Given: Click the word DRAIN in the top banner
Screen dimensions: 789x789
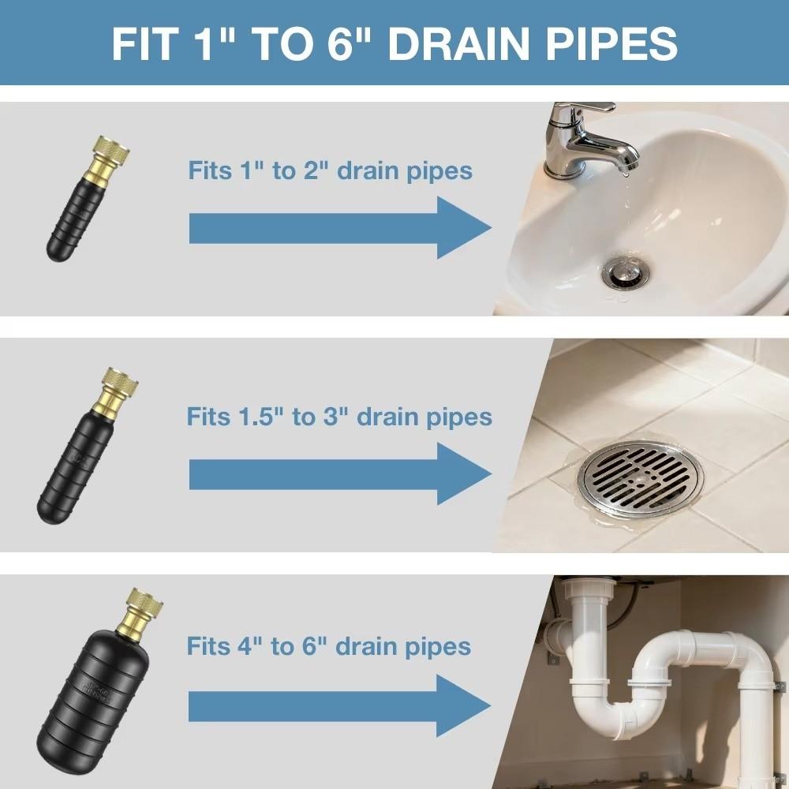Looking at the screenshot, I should pyautogui.click(x=468, y=43).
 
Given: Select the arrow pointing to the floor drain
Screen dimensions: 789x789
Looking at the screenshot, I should pyautogui.click(x=339, y=473).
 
